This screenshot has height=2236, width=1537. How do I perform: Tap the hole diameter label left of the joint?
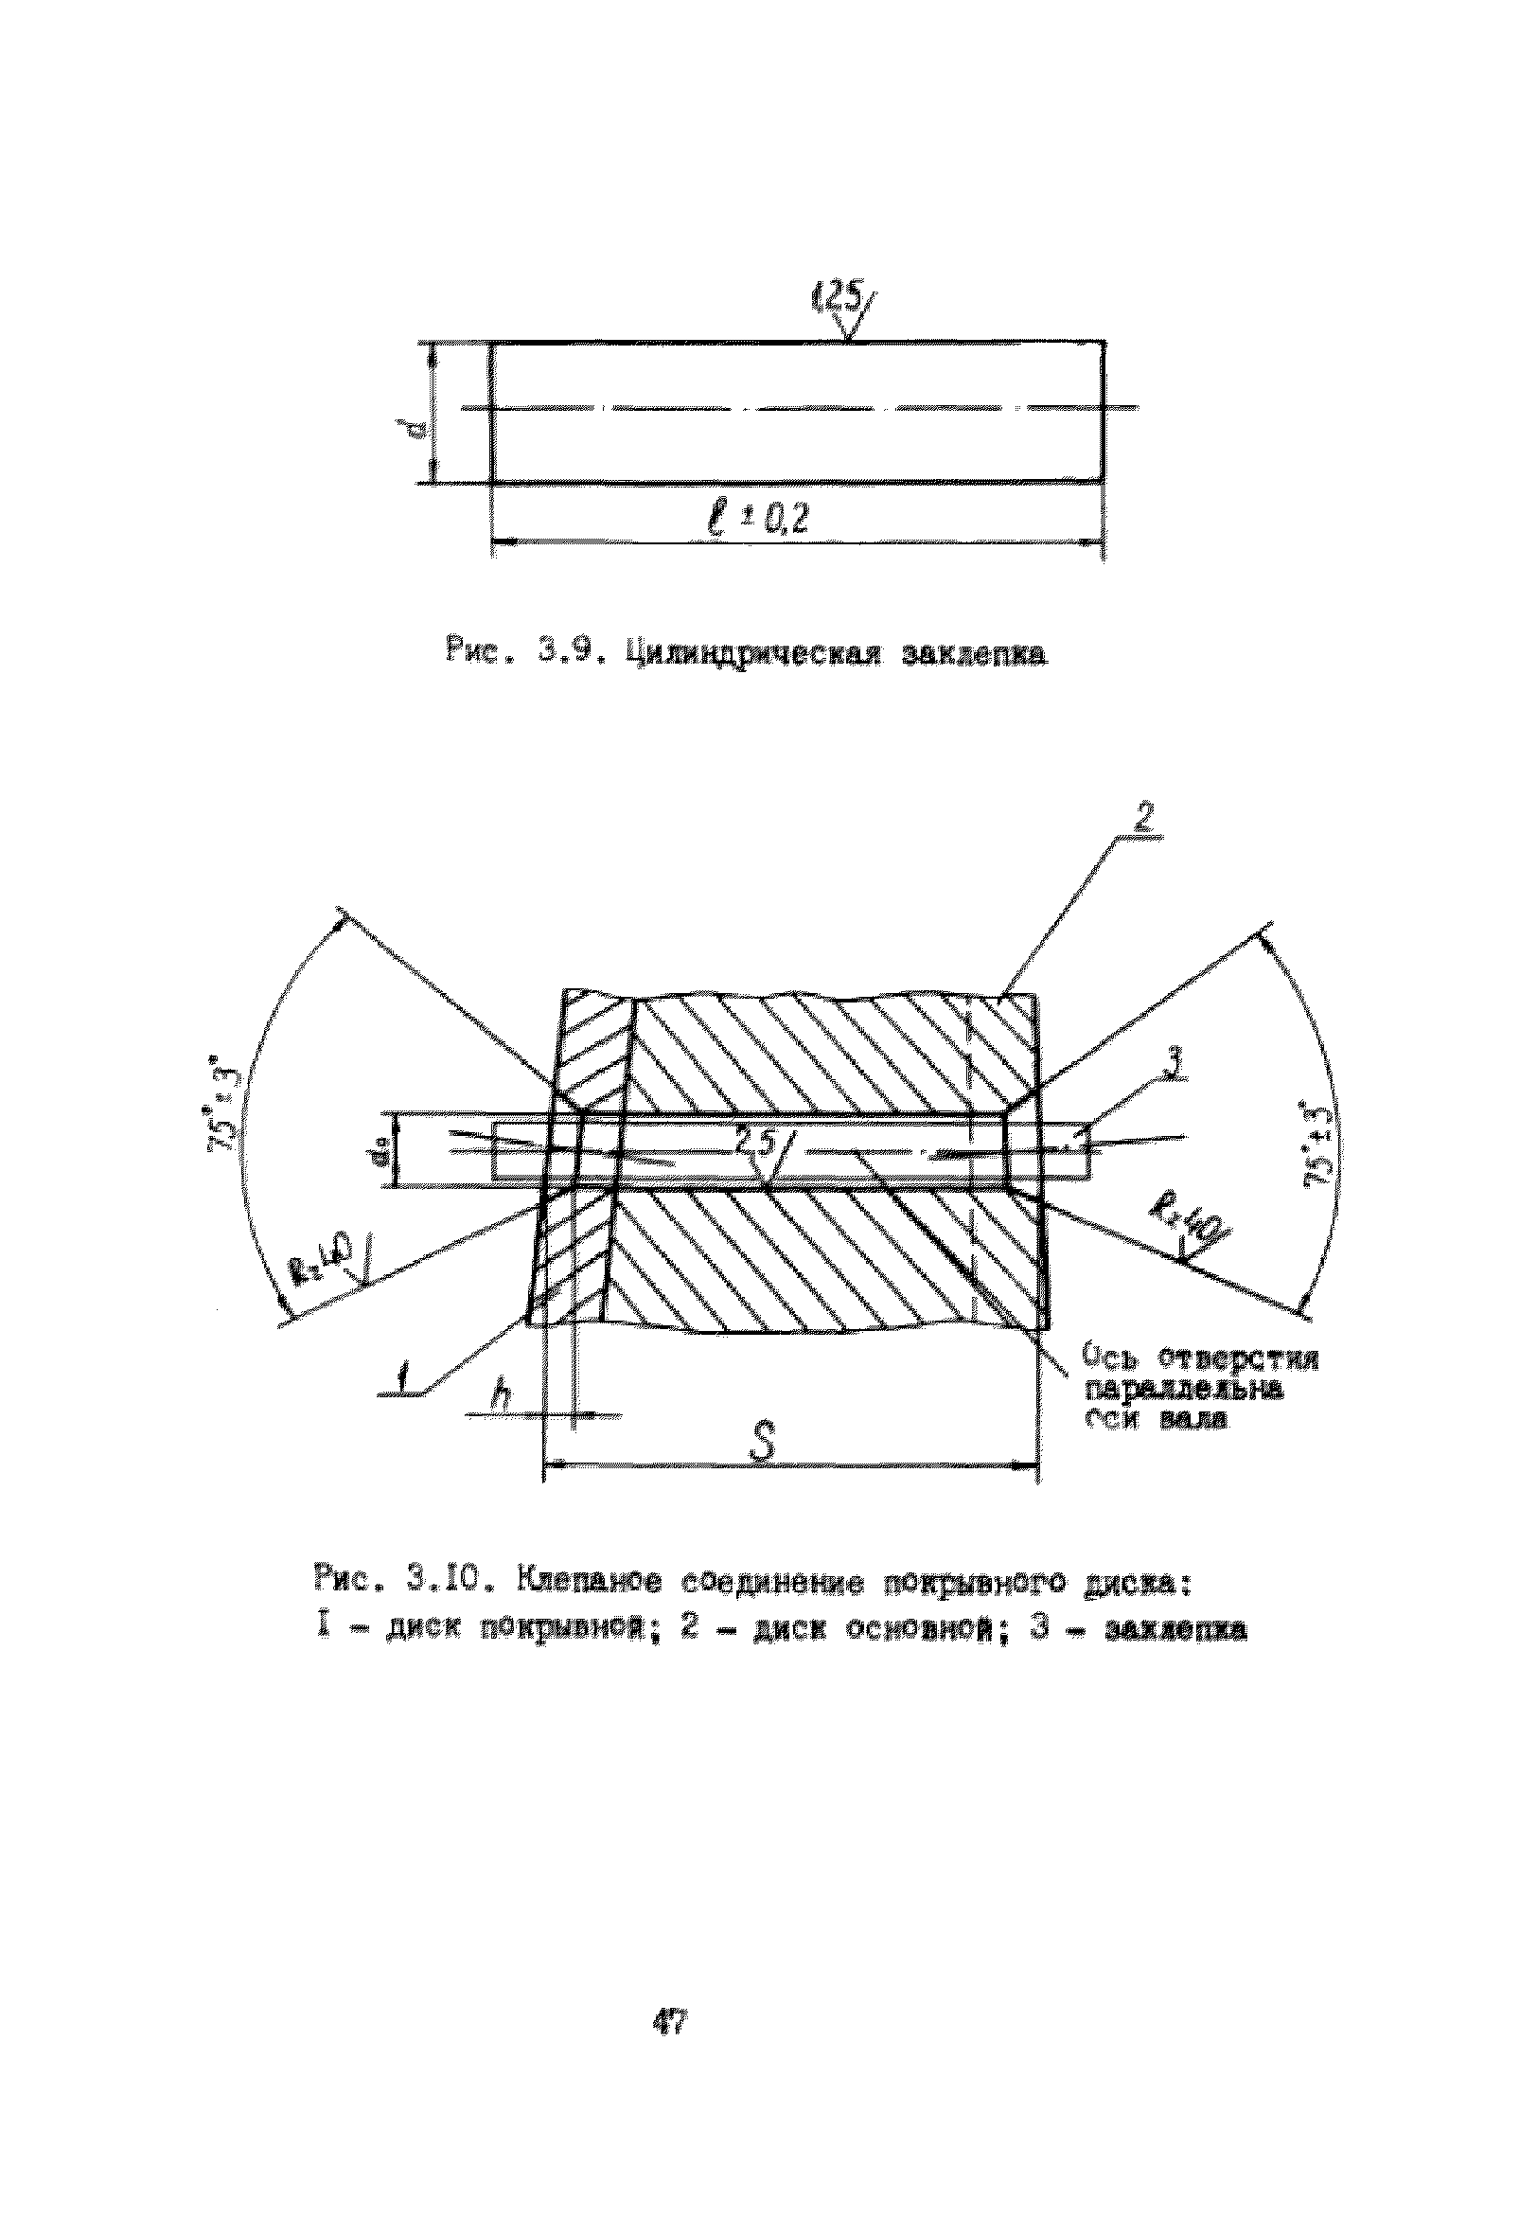(383, 1149)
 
